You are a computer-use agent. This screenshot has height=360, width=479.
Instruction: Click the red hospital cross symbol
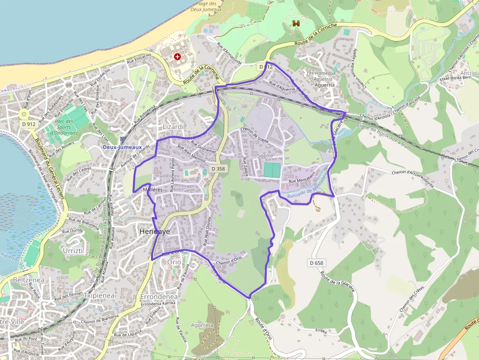coord(177,57)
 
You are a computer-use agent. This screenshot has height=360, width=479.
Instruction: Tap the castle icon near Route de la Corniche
coord(296,23)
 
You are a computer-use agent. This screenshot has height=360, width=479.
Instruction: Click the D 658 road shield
coord(316,263)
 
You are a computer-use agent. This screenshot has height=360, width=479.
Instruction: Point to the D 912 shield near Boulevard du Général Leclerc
coord(29,124)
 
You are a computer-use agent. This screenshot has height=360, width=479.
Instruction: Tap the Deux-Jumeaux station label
coord(122,147)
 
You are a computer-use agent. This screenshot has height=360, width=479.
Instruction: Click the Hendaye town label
coord(154,232)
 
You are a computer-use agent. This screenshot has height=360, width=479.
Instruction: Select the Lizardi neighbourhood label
coord(173,127)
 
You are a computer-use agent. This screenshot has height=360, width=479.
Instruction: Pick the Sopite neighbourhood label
coord(265,155)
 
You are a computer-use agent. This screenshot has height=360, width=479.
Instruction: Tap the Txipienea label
coord(99,295)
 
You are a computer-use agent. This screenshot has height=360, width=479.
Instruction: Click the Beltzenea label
coord(30,280)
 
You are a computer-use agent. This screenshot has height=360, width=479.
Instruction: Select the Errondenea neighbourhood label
coord(158,296)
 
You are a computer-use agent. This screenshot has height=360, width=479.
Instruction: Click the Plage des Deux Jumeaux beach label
coord(206,6)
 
